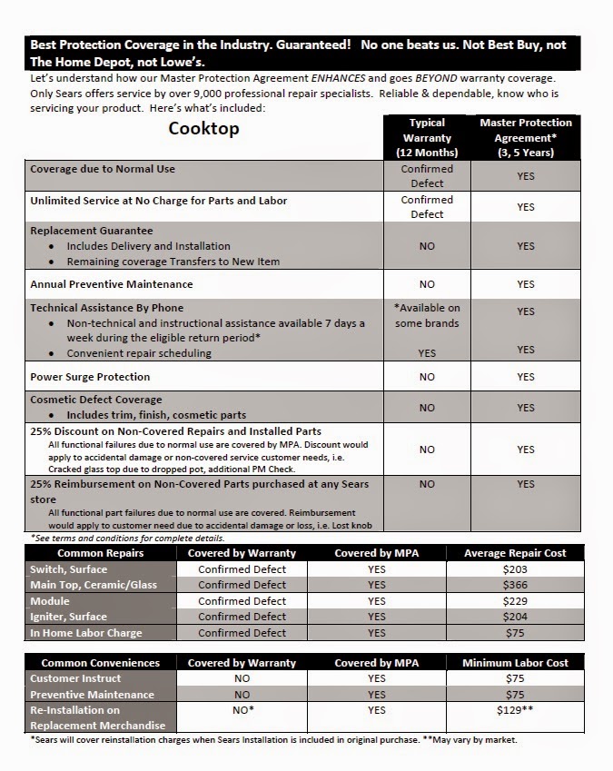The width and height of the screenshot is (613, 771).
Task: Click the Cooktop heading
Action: click(x=203, y=128)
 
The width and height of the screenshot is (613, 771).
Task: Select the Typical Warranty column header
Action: click(x=427, y=137)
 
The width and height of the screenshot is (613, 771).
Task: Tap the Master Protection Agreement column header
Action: click(x=525, y=137)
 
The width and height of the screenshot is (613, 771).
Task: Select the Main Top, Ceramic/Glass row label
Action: click(x=93, y=585)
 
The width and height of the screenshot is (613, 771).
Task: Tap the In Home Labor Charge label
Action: click(x=86, y=633)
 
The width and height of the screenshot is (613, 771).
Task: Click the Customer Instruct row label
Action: click(x=75, y=678)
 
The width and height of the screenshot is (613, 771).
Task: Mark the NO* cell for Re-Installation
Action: click(x=242, y=710)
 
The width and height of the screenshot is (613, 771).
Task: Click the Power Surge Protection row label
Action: click(x=90, y=376)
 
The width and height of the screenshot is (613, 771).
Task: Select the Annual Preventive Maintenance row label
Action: click(x=111, y=284)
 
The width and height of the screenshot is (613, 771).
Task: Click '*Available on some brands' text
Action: click(x=427, y=316)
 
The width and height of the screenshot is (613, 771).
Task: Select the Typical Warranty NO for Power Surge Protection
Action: click(x=427, y=376)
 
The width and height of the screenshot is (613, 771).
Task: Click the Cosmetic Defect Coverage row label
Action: click(x=96, y=400)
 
